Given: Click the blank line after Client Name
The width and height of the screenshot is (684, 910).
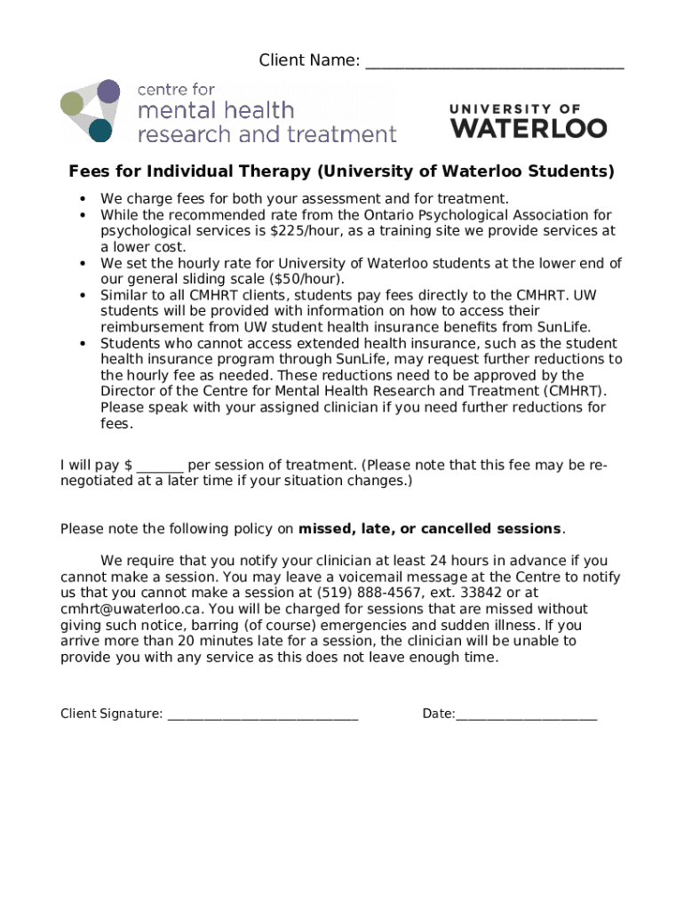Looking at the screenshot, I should pos(494,62).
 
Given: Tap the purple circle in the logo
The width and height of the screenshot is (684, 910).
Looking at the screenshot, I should pos(108,91).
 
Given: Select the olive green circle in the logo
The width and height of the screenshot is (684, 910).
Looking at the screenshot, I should pos(72,105).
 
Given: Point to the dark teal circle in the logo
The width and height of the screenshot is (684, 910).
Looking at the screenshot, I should pos(100,131).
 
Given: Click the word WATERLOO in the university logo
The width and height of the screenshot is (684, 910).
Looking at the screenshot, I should pos(529,128).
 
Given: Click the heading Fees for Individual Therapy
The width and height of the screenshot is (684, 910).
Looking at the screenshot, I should pos(342,171).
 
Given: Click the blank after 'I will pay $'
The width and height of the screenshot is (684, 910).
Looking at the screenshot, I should pos(161,466).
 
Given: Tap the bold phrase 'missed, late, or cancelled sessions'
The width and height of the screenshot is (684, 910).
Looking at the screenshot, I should pos(430,530).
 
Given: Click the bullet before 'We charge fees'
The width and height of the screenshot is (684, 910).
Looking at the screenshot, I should pos(83,199).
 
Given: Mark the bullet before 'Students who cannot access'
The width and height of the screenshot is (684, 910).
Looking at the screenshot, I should pos(83,343).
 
